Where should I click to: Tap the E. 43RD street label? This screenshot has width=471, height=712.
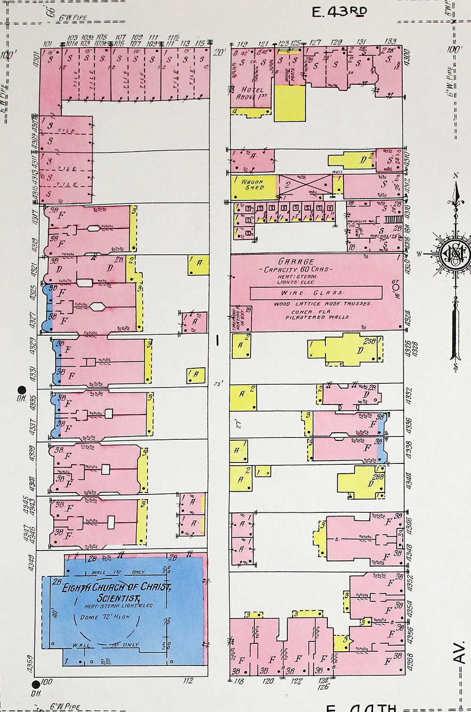pyautogui.click(x=340, y=12)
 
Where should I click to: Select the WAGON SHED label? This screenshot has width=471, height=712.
pyautogui.click(x=253, y=185)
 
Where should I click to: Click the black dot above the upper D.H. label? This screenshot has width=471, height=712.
pyautogui.click(x=21, y=389)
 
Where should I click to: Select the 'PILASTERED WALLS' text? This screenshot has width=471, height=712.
pyautogui.click(x=317, y=317)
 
